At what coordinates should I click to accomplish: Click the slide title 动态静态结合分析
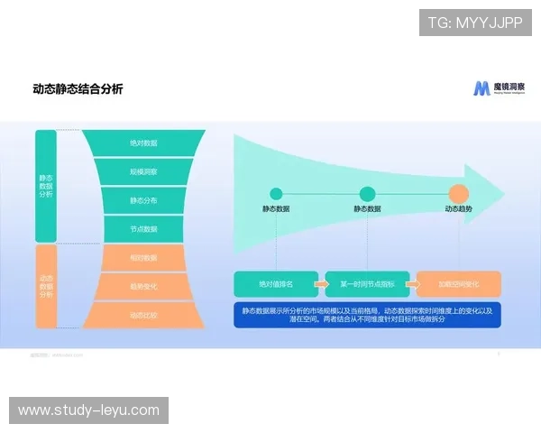click(x=78, y=88)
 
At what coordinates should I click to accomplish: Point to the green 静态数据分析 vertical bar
click(x=46, y=185)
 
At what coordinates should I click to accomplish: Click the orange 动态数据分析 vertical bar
click(x=46, y=286)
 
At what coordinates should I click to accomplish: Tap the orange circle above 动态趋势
click(x=458, y=193)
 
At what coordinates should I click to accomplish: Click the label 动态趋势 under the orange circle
click(x=458, y=209)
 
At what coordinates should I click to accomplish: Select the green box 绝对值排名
click(x=275, y=284)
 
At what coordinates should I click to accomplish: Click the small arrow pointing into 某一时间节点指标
click(x=321, y=284)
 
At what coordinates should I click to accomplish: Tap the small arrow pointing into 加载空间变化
click(x=411, y=284)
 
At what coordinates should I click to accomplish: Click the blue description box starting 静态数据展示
click(x=367, y=314)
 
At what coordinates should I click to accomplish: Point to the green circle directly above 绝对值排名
click(x=276, y=193)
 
